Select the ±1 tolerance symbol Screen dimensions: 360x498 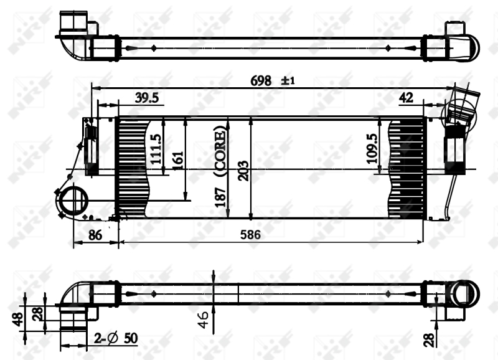[x=288, y=80]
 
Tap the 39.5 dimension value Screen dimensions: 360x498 [x=148, y=97]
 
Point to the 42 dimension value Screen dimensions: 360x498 [x=406, y=97]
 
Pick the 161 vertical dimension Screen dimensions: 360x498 [x=178, y=161]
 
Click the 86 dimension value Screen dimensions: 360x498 [x=95, y=235]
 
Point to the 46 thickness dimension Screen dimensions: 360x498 [x=203, y=321]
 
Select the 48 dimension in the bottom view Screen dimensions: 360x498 [x=18, y=318]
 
